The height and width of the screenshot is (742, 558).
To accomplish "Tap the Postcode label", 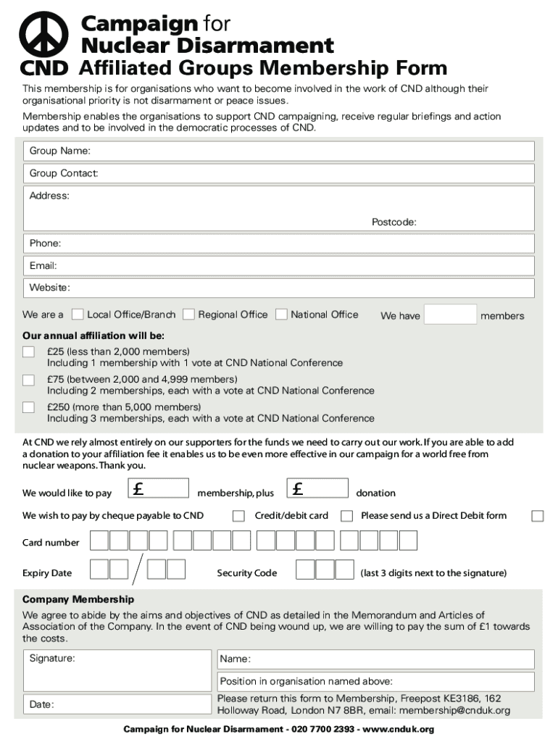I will pos(393,222).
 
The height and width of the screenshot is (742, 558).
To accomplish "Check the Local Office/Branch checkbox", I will pos(78,314).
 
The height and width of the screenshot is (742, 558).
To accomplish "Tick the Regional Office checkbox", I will pos(188,314).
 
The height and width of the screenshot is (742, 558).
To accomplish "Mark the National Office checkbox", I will pos(282,314).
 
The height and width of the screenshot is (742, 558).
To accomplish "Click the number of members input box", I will pos(450,314).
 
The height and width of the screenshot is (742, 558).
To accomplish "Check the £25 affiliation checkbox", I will pos(28,352).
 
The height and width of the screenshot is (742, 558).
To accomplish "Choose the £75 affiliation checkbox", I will pos(28,380).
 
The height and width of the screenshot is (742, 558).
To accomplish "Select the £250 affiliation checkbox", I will pos(28,407).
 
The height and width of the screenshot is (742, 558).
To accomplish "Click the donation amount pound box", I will pos(318,488).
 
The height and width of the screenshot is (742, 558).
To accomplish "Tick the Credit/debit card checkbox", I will pos(238,516).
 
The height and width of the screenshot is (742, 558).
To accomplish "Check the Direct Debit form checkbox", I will pos(537,516).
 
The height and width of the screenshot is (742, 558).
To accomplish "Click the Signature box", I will pos(117,670).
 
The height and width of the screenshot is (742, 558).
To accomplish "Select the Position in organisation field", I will pos(375,682).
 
